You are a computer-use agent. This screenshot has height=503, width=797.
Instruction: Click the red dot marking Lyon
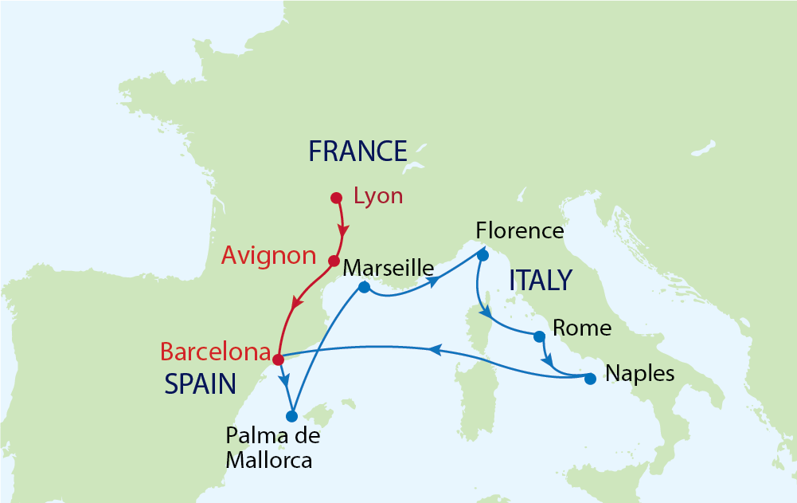(336, 197)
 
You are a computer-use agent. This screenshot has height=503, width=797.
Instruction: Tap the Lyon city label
(378, 196)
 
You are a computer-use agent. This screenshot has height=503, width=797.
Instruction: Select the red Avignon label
(269, 255)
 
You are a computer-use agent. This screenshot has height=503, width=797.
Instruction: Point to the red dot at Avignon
(334, 260)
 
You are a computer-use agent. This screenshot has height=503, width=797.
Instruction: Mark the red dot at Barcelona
(278, 360)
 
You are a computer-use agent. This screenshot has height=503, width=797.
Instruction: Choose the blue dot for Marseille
(364, 287)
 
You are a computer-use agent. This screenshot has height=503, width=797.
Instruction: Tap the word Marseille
(388, 268)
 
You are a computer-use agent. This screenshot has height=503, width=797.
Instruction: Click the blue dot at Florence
(482, 256)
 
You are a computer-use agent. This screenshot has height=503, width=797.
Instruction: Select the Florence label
(519, 231)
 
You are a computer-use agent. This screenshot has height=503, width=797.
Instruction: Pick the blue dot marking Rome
(539, 336)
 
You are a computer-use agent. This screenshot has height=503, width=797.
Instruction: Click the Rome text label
(581, 328)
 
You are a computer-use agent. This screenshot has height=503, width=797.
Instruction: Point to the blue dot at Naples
(590, 379)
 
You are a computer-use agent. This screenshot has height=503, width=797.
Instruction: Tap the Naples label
(639, 372)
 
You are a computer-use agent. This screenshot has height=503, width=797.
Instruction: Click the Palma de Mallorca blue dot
(291, 416)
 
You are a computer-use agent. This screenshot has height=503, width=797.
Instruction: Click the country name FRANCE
(357, 151)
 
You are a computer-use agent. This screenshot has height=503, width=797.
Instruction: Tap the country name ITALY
(540, 281)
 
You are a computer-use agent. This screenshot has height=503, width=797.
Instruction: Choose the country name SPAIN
(200, 385)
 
